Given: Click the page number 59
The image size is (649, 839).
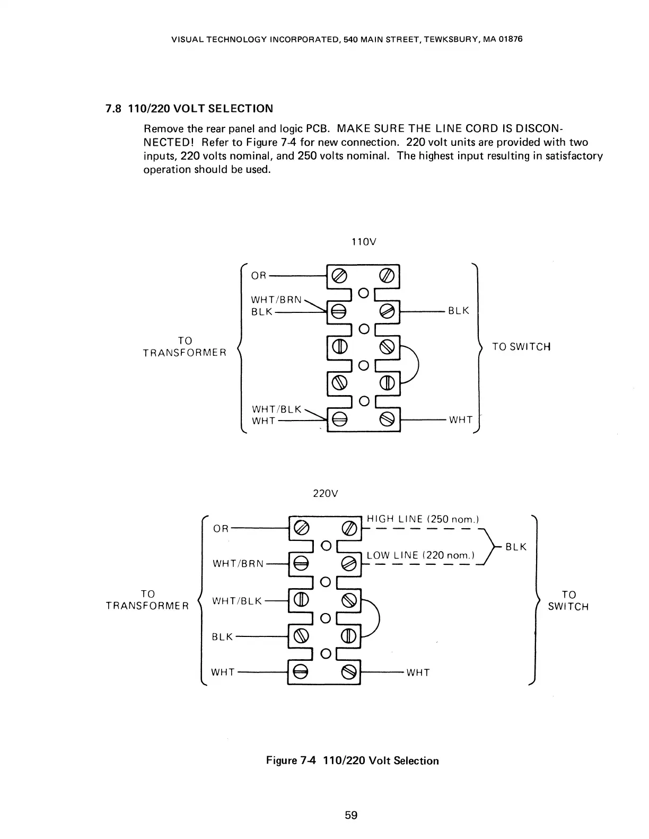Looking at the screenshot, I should click(351, 815).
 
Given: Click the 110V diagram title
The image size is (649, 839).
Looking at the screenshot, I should click(364, 242).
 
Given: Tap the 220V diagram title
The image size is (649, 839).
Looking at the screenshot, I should click(326, 494).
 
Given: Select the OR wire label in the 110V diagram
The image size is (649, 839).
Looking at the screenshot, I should click(259, 276).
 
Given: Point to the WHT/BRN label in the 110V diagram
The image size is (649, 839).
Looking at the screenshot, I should click(276, 300).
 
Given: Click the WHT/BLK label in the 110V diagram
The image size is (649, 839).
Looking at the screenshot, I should click(276, 409).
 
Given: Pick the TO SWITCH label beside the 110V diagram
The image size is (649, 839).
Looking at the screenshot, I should click(521, 347).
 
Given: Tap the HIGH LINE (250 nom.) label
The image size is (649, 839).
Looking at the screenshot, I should click(423, 519).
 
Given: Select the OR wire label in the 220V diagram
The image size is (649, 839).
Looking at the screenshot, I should click(221, 529).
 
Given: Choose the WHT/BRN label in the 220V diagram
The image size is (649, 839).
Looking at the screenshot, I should click(238, 563).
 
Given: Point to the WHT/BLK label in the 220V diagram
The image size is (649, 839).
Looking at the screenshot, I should click(237, 601).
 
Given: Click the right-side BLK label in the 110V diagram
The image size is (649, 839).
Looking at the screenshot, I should click(459, 311).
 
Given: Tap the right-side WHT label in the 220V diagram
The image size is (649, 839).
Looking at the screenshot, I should click(418, 673).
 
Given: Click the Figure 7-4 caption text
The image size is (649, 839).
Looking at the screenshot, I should click(352, 761).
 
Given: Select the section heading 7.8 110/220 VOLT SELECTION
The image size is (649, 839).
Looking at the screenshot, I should click(189, 109).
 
